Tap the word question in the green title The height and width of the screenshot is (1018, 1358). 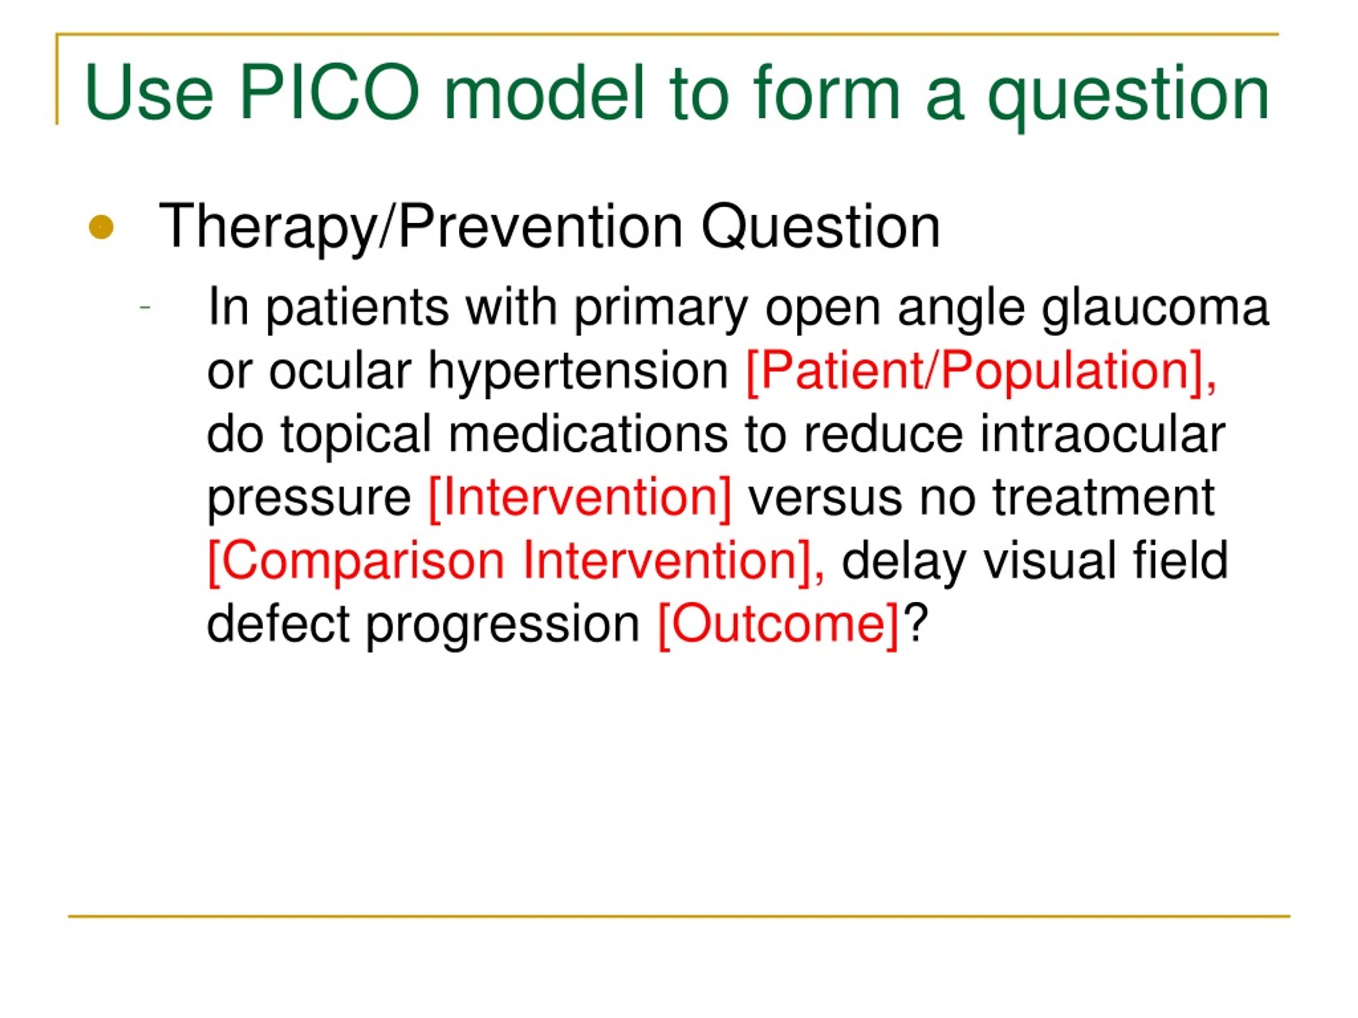[x=1128, y=97]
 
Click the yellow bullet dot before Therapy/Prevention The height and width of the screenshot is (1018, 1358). [x=101, y=227]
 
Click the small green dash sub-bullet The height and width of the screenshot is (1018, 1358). [x=145, y=306]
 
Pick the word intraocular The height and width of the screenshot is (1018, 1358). [x=1102, y=434]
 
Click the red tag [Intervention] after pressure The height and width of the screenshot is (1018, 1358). [x=580, y=498]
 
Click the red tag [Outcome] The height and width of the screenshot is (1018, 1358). [x=778, y=625]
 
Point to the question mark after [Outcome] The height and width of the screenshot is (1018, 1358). [x=915, y=622]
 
